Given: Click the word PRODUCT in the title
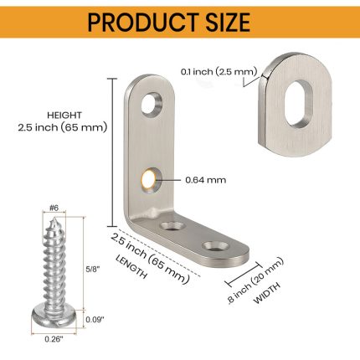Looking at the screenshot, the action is click(x=142, y=22).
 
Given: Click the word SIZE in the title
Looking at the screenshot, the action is click(x=228, y=22).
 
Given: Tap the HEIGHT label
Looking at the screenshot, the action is click(x=64, y=115).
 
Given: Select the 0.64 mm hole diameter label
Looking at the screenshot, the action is click(x=206, y=180).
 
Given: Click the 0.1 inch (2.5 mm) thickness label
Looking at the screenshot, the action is click(x=219, y=72).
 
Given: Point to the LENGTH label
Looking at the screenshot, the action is click(x=131, y=266).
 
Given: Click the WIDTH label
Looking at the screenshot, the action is click(x=267, y=293).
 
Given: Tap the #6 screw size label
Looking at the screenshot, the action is click(x=54, y=208).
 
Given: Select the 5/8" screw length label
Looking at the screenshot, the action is click(x=93, y=270).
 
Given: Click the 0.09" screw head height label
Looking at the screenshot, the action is click(x=95, y=319).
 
